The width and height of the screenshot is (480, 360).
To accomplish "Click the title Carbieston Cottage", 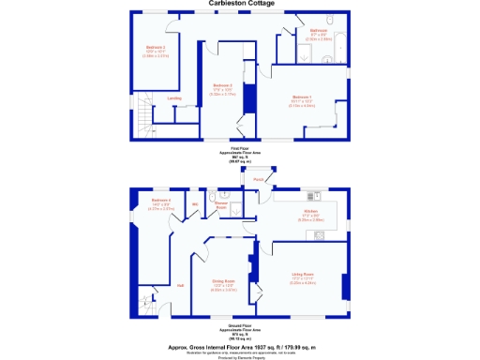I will click(x=241, y=5).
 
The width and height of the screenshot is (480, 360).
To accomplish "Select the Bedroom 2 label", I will click(x=156, y=47).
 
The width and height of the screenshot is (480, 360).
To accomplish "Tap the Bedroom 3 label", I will click(x=221, y=85).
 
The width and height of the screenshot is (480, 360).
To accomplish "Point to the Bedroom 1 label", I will click(x=302, y=97).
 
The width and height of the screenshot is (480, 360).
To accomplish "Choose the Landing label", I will click(x=174, y=97).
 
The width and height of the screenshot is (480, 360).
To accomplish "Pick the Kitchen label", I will click(x=310, y=212).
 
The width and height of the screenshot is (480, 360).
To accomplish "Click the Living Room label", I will click(x=302, y=275).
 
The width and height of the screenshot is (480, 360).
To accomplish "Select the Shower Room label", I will click(x=223, y=204).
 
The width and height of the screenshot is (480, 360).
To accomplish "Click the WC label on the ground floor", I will click(x=195, y=203).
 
